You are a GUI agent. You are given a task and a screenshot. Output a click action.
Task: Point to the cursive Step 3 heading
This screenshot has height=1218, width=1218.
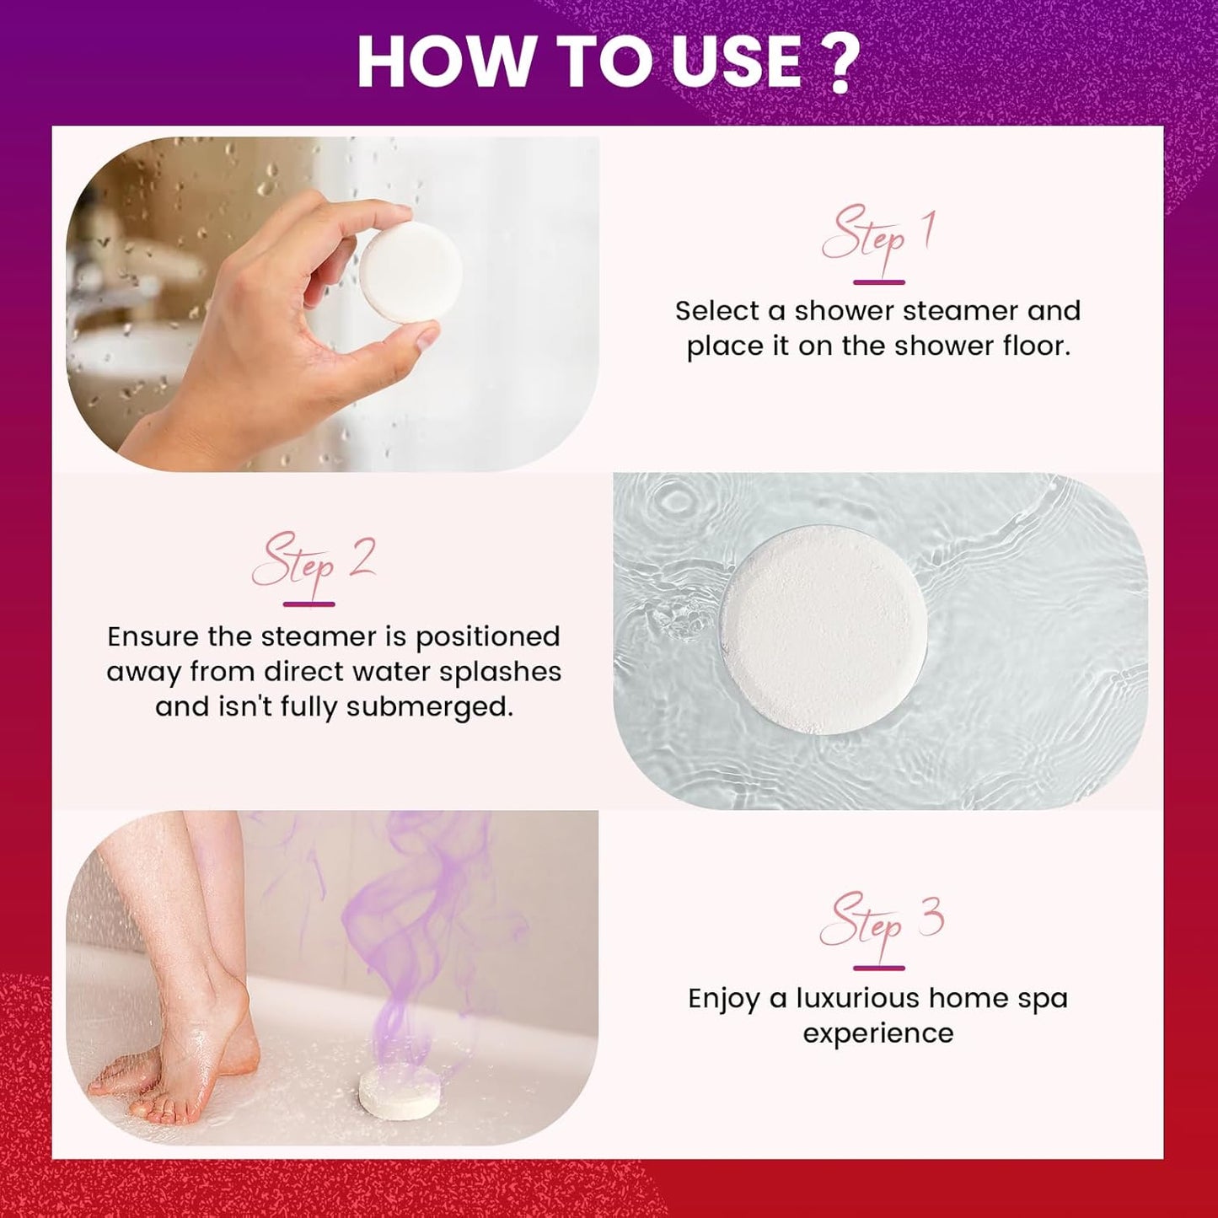pyautogui.click(x=880, y=923)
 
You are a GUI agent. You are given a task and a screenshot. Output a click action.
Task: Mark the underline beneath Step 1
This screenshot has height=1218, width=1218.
pyautogui.click(x=879, y=282)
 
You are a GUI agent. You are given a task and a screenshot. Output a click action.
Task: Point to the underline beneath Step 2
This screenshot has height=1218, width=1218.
pyautogui.click(x=309, y=604)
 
